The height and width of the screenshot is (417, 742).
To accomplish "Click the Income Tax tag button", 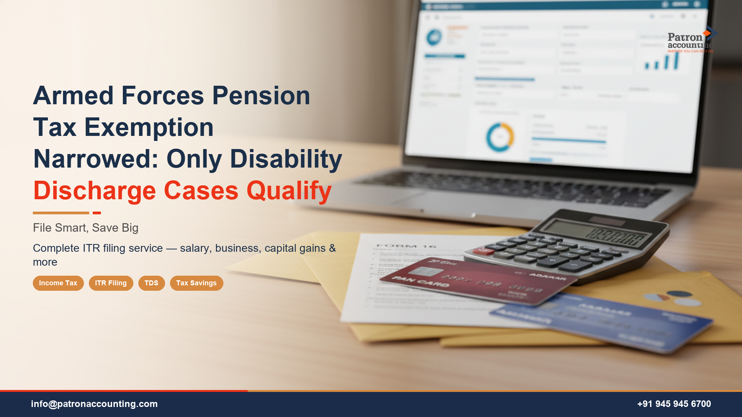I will pyautogui.click(x=58, y=283).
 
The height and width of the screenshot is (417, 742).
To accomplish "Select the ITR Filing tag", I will pyautogui.click(x=111, y=283).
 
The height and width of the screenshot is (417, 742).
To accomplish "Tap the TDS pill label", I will pyautogui.click(x=151, y=283).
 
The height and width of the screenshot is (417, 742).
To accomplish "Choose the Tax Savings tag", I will pyautogui.click(x=196, y=283).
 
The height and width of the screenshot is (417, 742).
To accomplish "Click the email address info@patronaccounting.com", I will pyautogui.click(x=94, y=404).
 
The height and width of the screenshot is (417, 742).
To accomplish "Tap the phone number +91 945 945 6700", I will pyautogui.click(x=674, y=404).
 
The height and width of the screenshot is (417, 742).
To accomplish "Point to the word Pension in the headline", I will pyautogui.click(x=261, y=96).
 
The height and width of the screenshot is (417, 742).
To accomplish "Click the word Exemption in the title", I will pyautogui.click(x=149, y=127).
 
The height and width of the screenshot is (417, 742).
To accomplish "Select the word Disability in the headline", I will pyautogui.click(x=286, y=159).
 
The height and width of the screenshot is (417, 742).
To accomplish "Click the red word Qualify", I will pyautogui.click(x=289, y=191).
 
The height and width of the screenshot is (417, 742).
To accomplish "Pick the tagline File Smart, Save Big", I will pyautogui.click(x=85, y=228).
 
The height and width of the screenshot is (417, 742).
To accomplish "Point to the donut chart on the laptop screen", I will pyautogui.click(x=500, y=137).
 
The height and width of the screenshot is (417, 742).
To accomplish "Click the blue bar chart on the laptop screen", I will pyautogui.click(x=662, y=62).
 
